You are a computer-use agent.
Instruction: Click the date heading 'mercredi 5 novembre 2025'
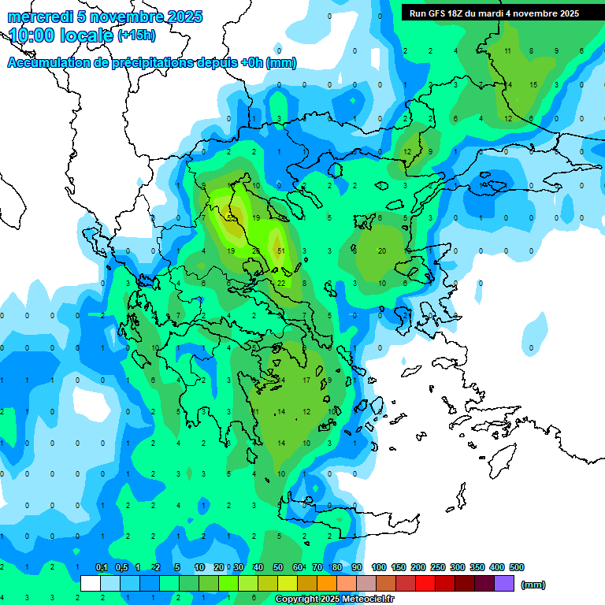point(106,17)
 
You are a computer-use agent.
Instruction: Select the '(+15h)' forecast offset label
point(136,35)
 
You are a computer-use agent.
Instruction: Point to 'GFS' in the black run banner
point(445,13)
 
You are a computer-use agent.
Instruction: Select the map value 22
point(281,283)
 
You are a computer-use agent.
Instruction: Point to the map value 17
point(306,380)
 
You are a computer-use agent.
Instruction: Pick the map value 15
point(533,84)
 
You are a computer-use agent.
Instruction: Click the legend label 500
point(517,567)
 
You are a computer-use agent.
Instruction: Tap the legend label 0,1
point(102,567)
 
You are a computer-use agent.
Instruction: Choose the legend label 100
point(379,567)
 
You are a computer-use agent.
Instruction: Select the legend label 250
point(438,567)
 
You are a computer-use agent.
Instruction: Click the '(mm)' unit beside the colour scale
point(533,585)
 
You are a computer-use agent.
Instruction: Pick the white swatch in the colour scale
point(91,584)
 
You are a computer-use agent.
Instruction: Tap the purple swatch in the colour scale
point(504,584)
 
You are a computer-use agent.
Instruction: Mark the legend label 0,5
point(121,567)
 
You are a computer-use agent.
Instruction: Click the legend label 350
point(477,567)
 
